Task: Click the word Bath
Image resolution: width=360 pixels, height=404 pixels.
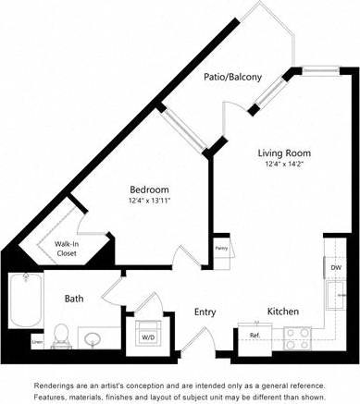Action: (x=75, y=299)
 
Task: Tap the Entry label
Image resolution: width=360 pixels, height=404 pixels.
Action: (x=205, y=312)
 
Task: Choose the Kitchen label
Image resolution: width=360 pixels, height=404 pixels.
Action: (x=282, y=312)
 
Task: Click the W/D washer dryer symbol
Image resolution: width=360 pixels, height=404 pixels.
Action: (x=148, y=336)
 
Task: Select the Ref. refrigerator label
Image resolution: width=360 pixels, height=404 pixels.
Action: (x=254, y=334)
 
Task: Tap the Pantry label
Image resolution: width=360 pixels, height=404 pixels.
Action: (x=222, y=247)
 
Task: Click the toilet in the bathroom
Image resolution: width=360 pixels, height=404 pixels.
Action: (x=62, y=334)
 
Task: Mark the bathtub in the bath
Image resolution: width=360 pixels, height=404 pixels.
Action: (x=19, y=305)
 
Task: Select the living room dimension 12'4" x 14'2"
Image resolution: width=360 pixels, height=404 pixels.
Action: (x=283, y=165)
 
